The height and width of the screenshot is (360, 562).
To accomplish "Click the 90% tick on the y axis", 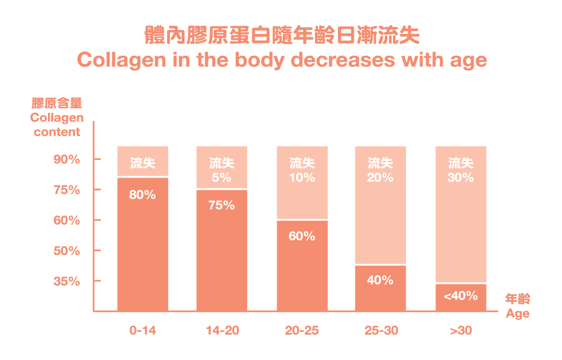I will click(x=67, y=159).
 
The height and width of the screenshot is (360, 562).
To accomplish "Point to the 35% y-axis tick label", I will click(x=67, y=281).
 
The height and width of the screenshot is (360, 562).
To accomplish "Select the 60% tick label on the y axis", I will click(x=67, y=221).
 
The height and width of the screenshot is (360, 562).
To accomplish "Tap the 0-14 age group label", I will click(x=143, y=330).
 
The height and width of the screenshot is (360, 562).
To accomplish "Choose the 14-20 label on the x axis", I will click(x=222, y=330).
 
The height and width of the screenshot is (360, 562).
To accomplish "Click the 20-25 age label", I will click(x=302, y=330).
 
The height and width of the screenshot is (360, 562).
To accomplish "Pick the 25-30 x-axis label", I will click(x=381, y=330).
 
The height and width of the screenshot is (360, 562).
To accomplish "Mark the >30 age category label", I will click(x=461, y=330).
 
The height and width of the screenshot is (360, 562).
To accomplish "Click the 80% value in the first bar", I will click(x=142, y=195).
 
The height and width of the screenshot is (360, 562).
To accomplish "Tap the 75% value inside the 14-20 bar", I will click(x=222, y=205).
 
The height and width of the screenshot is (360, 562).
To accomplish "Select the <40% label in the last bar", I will click(x=460, y=296).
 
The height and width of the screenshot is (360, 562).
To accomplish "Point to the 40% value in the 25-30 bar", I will click(x=380, y=280).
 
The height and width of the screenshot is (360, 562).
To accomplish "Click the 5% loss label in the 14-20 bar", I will click(x=222, y=178).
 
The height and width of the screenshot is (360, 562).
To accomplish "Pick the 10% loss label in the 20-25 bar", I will click(x=302, y=178).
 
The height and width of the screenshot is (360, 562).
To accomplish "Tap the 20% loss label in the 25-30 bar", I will click(x=380, y=178).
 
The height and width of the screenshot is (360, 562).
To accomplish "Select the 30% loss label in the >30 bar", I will click(x=460, y=178).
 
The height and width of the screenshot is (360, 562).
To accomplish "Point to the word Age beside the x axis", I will click(x=518, y=314).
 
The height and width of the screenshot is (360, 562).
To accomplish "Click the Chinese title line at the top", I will click(x=282, y=35).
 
